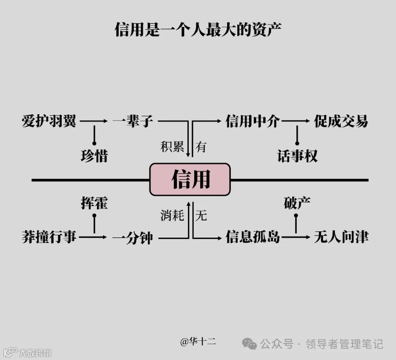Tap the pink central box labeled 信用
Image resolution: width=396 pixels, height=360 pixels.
(190, 179)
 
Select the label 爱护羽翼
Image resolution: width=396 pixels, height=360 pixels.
(49, 121)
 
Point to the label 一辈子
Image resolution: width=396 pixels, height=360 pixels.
(133, 121)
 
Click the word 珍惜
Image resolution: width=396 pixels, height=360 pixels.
(94, 156)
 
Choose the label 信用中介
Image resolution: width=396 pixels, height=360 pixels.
(253, 121)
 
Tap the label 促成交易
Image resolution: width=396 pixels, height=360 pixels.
(341, 121)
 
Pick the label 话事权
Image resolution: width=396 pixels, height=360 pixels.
(297, 156)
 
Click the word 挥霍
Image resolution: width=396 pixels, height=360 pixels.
(94, 203)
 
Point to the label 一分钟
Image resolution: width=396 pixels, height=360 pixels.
(133, 238)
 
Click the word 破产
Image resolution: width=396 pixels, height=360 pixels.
(297, 203)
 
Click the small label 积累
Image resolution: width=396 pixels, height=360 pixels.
(172, 147)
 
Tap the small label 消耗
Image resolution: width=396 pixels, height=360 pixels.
(172, 215)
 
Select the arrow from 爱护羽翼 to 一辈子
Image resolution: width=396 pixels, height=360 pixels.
(94, 121)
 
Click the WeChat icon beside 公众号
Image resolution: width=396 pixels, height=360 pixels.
(250, 344)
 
